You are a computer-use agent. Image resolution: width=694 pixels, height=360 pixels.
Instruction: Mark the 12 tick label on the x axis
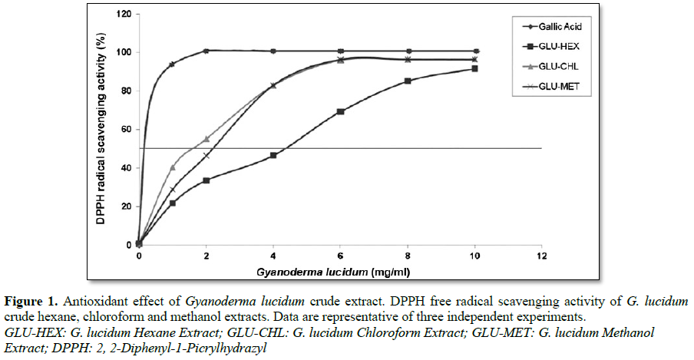click(x=544, y=255)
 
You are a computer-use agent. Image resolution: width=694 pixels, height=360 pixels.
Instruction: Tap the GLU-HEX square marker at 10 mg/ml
click(x=475, y=68)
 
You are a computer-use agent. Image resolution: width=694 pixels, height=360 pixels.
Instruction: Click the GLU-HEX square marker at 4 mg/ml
click(x=273, y=155)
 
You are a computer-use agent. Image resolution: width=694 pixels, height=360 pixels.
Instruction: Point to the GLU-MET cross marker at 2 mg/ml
click(x=206, y=156)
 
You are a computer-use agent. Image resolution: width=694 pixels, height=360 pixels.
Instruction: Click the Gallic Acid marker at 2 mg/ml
click(x=206, y=51)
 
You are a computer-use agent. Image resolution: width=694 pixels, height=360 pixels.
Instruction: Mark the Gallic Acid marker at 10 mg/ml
click(x=475, y=51)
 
